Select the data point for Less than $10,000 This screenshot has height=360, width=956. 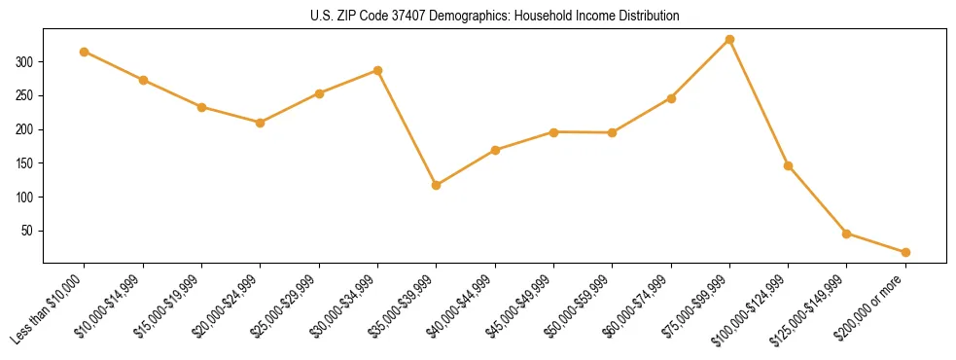(85, 52)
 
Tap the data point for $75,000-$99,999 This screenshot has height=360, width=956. (729, 40)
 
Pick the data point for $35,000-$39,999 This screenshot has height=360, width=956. (436, 185)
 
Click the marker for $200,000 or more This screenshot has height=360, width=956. (905, 252)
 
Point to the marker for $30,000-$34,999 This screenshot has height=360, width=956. (377, 70)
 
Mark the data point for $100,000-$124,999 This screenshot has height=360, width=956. (788, 165)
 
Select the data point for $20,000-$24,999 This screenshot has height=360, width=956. (260, 123)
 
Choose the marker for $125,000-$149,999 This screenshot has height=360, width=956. (846, 234)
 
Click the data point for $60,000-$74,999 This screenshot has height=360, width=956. (671, 98)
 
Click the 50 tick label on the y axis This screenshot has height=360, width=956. (30, 231)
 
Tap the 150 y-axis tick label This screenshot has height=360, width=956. (27, 163)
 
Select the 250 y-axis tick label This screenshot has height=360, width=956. (27, 95)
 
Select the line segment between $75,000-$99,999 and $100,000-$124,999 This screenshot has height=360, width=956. (759, 103)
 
